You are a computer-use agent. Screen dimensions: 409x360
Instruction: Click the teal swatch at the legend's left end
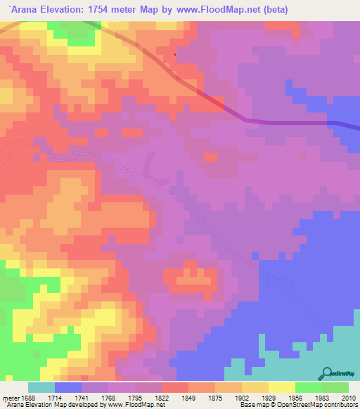41,387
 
